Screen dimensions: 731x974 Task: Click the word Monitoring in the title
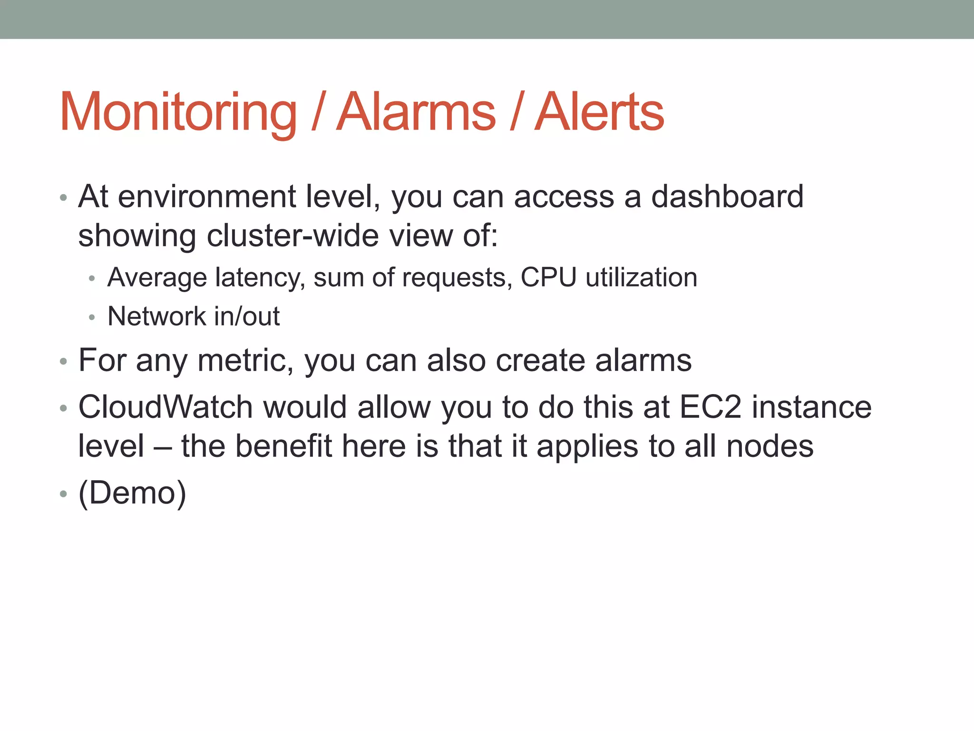coord(178,112)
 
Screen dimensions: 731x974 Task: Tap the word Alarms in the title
coord(416,112)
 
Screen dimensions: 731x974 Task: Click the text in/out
coord(247,316)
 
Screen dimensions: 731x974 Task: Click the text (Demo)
coord(132,493)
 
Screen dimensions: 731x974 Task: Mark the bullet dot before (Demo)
coord(63,494)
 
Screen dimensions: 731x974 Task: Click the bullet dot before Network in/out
coord(92,317)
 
